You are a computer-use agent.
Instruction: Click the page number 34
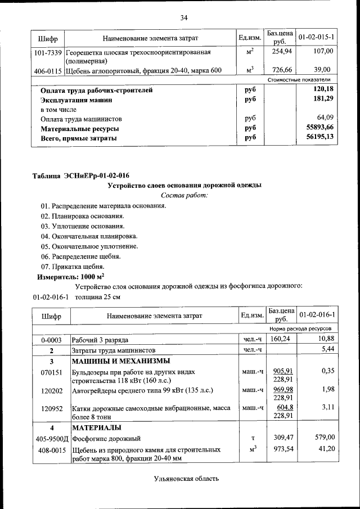point(183,17)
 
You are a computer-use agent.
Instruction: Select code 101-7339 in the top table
point(48,52)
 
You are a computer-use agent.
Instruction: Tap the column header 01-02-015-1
point(317,37)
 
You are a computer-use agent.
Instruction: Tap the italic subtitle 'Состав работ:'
point(184,195)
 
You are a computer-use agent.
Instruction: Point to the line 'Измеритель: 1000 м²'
point(70,277)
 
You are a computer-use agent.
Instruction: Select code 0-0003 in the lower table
point(51,340)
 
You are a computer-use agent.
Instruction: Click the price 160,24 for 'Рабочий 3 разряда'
point(280,340)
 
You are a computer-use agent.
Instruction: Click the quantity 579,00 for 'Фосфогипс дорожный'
point(324,437)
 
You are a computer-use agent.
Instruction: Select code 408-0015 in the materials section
point(51,450)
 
